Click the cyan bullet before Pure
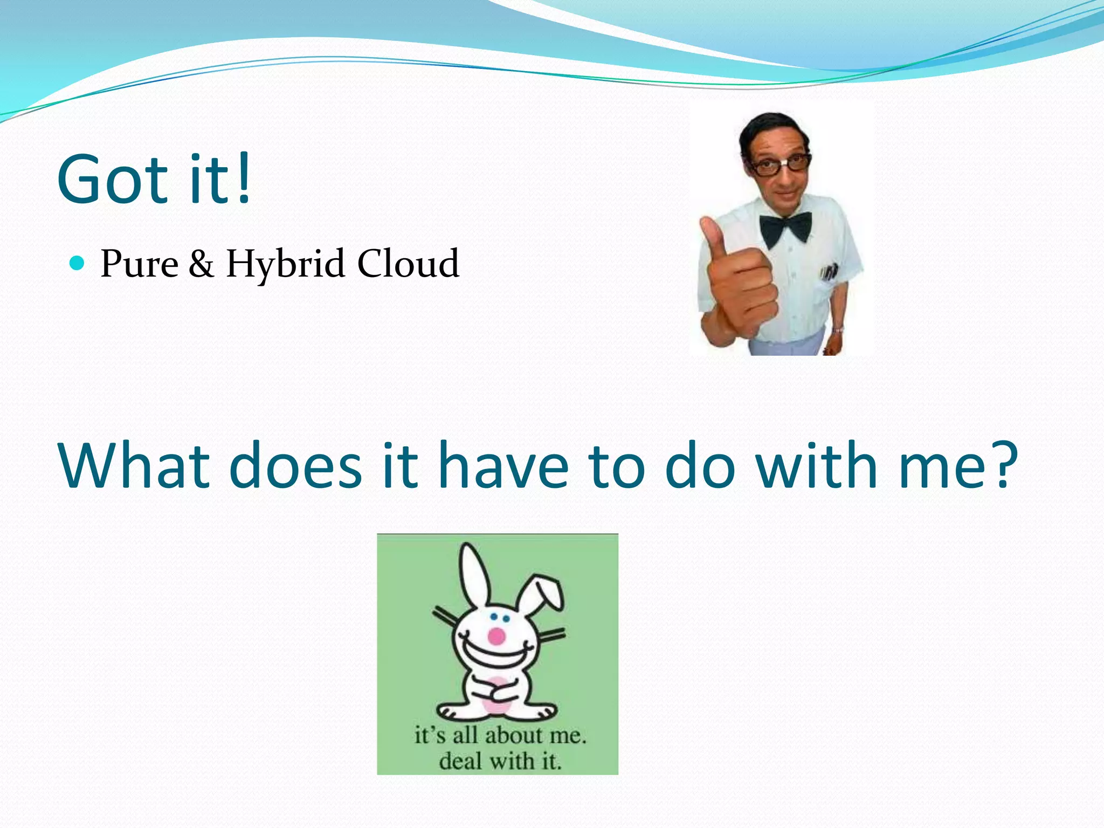pyautogui.click(x=78, y=263)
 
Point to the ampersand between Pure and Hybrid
pyautogui.click(x=201, y=264)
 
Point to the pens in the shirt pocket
pyautogui.click(x=829, y=272)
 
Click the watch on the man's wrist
pyautogui.click(x=837, y=329)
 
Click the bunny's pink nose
pyautogui.click(x=496, y=637)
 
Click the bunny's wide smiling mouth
pyautogui.click(x=493, y=658)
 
